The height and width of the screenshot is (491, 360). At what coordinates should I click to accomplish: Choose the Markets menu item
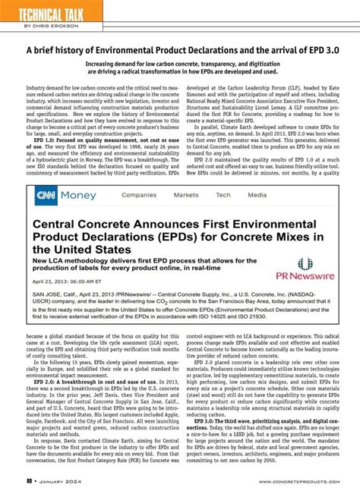(186, 195)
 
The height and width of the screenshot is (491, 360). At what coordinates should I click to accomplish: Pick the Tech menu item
(223, 195)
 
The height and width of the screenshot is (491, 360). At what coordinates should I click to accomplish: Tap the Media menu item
(257, 195)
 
